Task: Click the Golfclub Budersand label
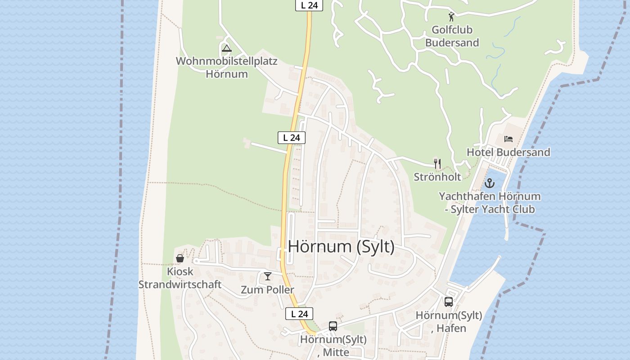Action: (452, 36)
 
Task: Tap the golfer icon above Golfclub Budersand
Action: (451, 17)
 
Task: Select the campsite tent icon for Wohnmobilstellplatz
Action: (226, 48)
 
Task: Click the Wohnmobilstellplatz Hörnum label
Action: (227, 67)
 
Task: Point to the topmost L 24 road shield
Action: (309, 5)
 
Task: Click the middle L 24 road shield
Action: (291, 138)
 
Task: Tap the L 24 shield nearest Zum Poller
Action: (299, 314)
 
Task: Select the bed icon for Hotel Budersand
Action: (508, 139)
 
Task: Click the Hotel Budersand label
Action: (508, 152)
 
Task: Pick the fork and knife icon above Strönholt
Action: (437, 163)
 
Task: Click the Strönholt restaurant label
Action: (437, 177)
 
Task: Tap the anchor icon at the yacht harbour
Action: (489, 183)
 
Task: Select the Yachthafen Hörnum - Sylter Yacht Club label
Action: (490, 202)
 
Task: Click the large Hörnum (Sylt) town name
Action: (341, 247)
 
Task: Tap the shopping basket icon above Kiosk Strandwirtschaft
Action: (180, 258)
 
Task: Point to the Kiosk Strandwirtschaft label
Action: (180, 278)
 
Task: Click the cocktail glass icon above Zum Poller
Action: (268, 276)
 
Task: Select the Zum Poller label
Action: (267, 290)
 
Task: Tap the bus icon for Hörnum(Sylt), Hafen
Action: (449, 301)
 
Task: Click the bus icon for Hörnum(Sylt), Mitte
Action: (333, 326)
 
